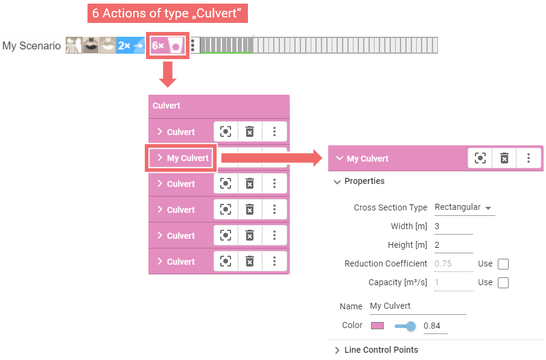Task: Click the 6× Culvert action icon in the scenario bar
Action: pyautogui.click(x=168, y=46)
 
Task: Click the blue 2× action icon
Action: pyautogui.click(x=131, y=46)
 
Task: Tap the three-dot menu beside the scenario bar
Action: pyautogui.click(x=192, y=46)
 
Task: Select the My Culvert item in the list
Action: pyautogui.click(x=182, y=158)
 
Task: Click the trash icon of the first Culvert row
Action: pyautogui.click(x=249, y=131)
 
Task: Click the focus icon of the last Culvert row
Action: pyautogui.click(x=225, y=261)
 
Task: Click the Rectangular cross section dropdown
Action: pyautogui.click(x=463, y=207)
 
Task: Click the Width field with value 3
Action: pyautogui.click(x=452, y=226)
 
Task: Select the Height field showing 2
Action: pyautogui.click(x=452, y=245)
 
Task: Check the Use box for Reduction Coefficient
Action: pyautogui.click(x=503, y=264)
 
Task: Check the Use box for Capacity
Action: pyautogui.click(x=503, y=283)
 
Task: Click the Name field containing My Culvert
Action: pyautogui.click(x=417, y=306)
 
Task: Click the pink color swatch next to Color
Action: pyautogui.click(x=377, y=326)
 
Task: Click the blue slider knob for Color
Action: pyautogui.click(x=411, y=326)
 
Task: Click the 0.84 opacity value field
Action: pyautogui.click(x=434, y=326)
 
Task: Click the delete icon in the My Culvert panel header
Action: pyautogui.click(x=504, y=158)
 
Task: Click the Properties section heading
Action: pyautogui.click(x=364, y=181)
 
